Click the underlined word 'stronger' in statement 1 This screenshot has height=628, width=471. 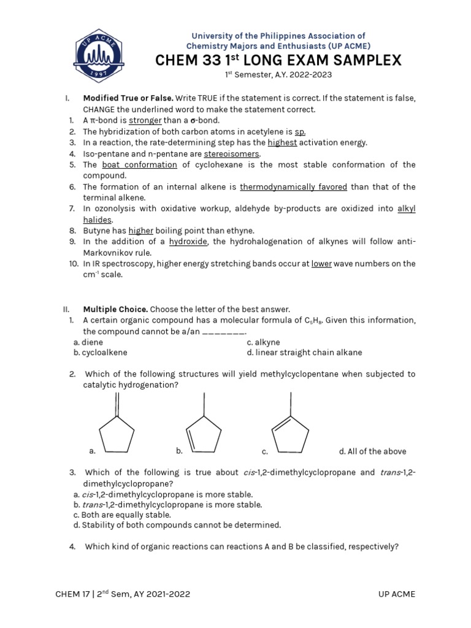click(x=145, y=120)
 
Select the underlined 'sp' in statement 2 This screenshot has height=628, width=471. click(x=300, y=131)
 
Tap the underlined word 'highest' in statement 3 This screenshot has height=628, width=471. click(x=282, y=142)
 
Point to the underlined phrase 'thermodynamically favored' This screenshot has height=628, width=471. click(x=293, y=186)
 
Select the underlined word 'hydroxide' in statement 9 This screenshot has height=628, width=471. click(x=188, y=242)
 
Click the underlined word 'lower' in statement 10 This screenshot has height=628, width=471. click(x=321, y=264)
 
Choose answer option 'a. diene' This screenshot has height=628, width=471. click(x=88, y=342)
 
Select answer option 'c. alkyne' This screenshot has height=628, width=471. click(x=263, y=342)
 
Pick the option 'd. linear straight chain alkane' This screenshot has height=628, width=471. click(x=304, y=352)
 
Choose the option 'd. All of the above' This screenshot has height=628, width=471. click(x=372, y=451)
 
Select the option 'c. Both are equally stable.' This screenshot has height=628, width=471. click(x=113, y=515)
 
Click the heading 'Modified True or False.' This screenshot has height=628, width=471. click(x=128, y=98)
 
